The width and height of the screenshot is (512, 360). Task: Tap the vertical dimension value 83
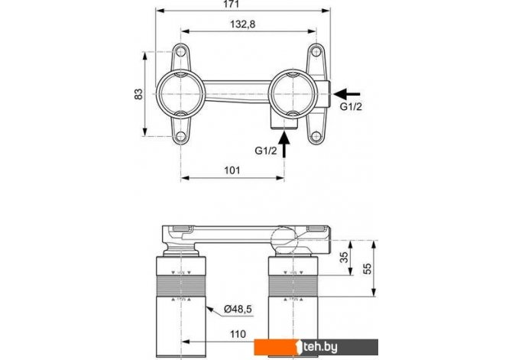click(x=139, y=93)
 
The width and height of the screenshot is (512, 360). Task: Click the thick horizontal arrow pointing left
click(x=349, y=92)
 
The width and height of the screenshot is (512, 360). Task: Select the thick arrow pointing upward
click(x=285, y=145)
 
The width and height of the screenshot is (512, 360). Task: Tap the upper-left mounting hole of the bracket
click(x=182, y=54)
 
